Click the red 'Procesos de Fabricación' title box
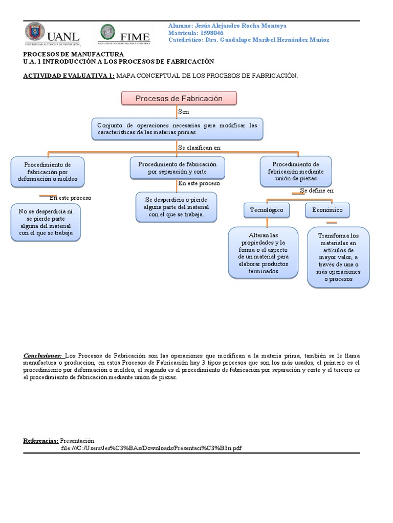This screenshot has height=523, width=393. tap(179, 99)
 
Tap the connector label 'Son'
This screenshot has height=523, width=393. tap(183, 111)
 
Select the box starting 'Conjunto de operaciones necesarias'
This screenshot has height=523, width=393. tap(178, 129)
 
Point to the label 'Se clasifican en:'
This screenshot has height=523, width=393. tap(199, 147)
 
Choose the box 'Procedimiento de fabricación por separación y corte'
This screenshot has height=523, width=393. tap(177, 168)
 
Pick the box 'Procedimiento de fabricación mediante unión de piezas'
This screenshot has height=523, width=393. tap(295, 171)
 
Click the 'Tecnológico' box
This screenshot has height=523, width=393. tap(267, 210)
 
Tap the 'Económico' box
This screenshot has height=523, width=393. tap(327, 210)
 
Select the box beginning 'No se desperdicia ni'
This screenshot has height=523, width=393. tap(46, 222)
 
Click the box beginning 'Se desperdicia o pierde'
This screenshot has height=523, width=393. tap(176, 207)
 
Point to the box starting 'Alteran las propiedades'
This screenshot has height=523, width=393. tap(263, 253)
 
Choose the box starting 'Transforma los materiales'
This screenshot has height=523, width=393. tap(338, 257)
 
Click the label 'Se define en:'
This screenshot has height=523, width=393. tap(317, 191)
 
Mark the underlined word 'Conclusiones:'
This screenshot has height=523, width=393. tap(42, 355)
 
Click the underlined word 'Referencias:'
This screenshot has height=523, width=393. tap(41, 440)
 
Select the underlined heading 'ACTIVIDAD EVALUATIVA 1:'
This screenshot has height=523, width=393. tap(69, 76)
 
